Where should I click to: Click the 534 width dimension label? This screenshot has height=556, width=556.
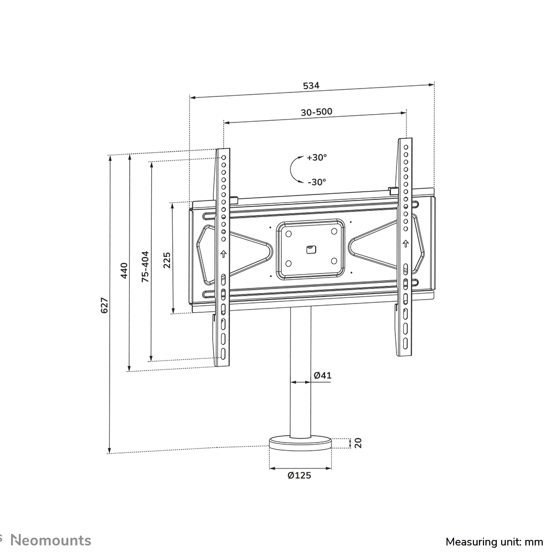click(311, 86)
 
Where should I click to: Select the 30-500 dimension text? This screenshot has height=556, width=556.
click(316, 112)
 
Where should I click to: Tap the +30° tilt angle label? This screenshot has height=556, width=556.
click(317, 157)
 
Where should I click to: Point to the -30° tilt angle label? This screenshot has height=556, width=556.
click(317, 182)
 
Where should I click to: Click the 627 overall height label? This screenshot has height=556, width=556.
click(104, 305)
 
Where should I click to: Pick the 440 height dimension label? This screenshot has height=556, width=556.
click(124, 271)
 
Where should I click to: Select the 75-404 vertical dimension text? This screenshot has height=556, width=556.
click(145, 267)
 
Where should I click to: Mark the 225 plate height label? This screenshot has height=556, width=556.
click(167, 260)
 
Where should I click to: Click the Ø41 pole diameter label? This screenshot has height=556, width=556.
click(322, 375)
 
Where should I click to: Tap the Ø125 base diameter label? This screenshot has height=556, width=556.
click(300, 476)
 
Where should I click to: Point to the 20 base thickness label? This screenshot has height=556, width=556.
click(358, 442)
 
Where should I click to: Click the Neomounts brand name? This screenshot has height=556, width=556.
click(52, 540)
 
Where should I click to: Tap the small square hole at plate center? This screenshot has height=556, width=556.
click(310, 249)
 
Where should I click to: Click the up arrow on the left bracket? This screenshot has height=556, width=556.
click(224, 254)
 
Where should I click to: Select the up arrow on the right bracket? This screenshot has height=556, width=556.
click(406, 243)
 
